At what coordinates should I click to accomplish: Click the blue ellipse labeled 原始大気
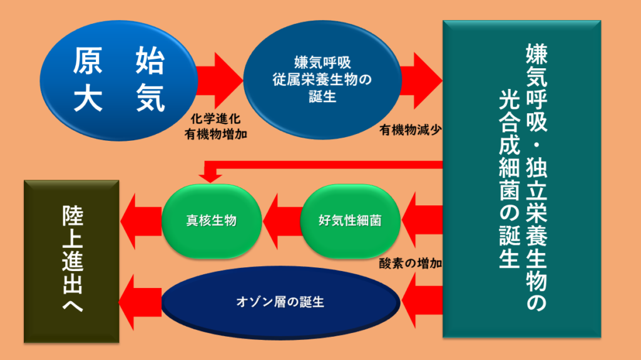(119, 80)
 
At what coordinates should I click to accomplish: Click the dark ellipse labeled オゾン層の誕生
(280, 302)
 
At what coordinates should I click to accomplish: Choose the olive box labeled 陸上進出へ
(71, 261)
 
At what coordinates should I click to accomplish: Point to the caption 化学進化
(215, 119)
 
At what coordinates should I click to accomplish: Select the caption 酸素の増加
(410, 264)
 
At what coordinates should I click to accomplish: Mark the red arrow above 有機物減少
(421, 80)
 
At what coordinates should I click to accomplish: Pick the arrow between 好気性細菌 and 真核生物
(282, 220)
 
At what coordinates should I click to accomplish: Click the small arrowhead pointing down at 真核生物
(210, 177)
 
